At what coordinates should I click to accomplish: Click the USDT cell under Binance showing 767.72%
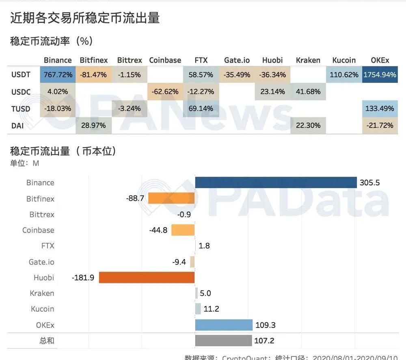point(57,75)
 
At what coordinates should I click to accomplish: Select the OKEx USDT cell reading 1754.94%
point(380,75)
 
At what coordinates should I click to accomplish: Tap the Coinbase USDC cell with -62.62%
point(165,92)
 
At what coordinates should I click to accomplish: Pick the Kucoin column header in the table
point(344,60)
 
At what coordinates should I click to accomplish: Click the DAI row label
point(17,126)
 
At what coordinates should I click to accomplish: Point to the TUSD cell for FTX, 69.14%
point(201,108)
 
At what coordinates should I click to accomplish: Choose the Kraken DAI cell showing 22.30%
point(308,126)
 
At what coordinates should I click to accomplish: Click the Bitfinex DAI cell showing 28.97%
point(93,126)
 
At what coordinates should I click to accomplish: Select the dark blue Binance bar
point(276,183)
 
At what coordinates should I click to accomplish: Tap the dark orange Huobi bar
point(147,278)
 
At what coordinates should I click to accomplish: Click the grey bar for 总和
point(223,340)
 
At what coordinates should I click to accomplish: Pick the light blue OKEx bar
point(224,325)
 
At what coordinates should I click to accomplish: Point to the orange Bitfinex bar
point(171,198)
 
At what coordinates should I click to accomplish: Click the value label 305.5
point(369,183)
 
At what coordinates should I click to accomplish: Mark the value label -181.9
point(83,278)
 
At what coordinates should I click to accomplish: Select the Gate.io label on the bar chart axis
point(41,262)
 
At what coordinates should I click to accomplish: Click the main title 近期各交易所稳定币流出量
point(85,18)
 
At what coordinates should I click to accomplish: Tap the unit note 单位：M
point(24,163)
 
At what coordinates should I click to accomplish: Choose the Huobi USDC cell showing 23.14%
point(272,92)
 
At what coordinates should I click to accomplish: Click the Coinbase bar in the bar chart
point(183,230)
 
